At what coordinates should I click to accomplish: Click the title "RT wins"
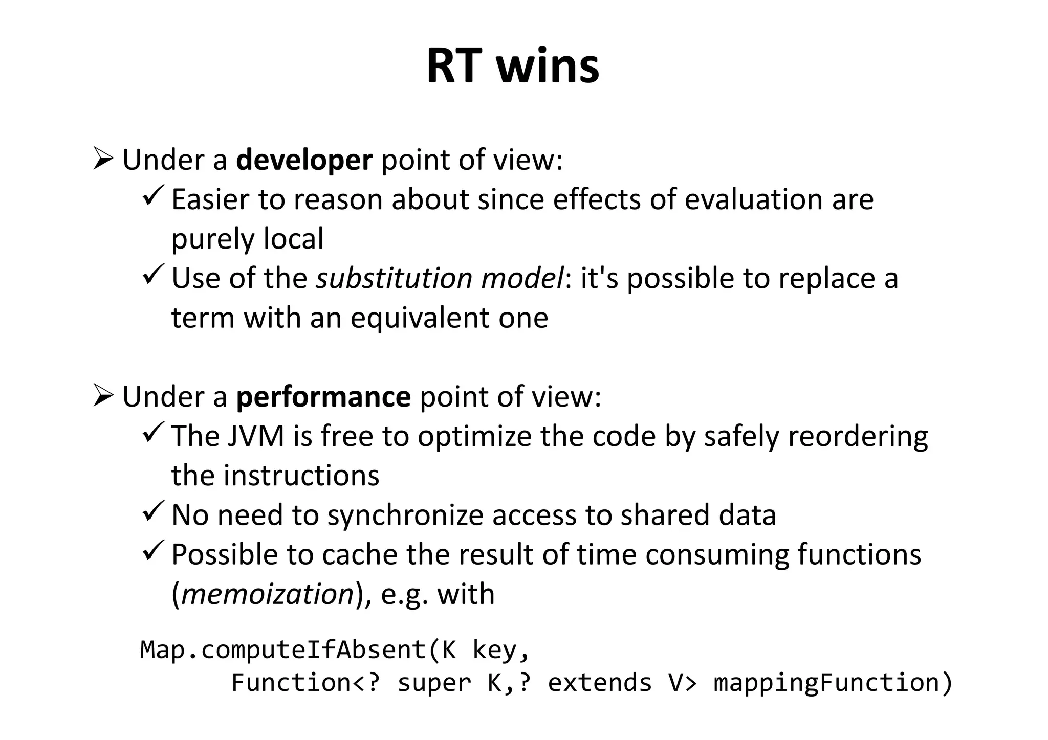(513, 66)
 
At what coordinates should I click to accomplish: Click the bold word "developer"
(304, 160)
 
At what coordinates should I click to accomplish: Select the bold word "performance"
(323, 397)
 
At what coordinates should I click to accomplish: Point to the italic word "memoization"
(268, 594)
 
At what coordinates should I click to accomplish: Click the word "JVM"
(256, 437)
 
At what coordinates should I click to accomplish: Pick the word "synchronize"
(405, 515)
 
